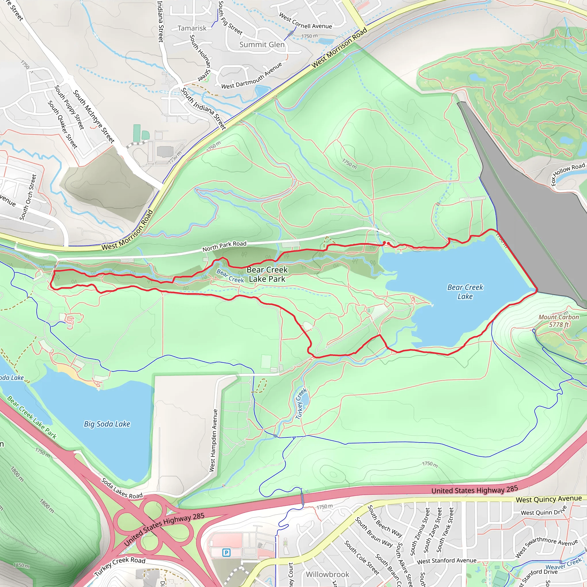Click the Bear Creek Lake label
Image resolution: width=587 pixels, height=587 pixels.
click(465, 292)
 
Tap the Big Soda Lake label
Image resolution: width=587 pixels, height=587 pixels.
click(107, 424)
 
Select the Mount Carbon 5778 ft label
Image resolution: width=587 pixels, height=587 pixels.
click(558, 321)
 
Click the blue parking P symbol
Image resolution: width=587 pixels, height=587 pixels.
click(226, 553)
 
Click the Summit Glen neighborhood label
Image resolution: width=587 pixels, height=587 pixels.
click(262, 45)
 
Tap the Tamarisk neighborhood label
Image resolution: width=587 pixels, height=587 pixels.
click(192, 28)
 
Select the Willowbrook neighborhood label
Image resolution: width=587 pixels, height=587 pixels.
click(327, 574)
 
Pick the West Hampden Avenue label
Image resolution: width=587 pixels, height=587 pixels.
click(214, 440)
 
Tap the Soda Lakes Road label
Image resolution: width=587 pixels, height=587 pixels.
click(122, 488)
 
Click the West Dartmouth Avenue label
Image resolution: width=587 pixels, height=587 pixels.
click(252, 76)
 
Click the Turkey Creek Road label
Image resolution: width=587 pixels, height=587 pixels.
click(120, 566)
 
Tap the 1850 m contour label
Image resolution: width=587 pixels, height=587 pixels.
click(21, 566)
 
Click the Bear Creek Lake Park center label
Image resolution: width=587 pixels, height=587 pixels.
click(267, 274)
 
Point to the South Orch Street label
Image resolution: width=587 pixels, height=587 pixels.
click(28, 197)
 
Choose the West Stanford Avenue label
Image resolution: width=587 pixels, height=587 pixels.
click(446, 561)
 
